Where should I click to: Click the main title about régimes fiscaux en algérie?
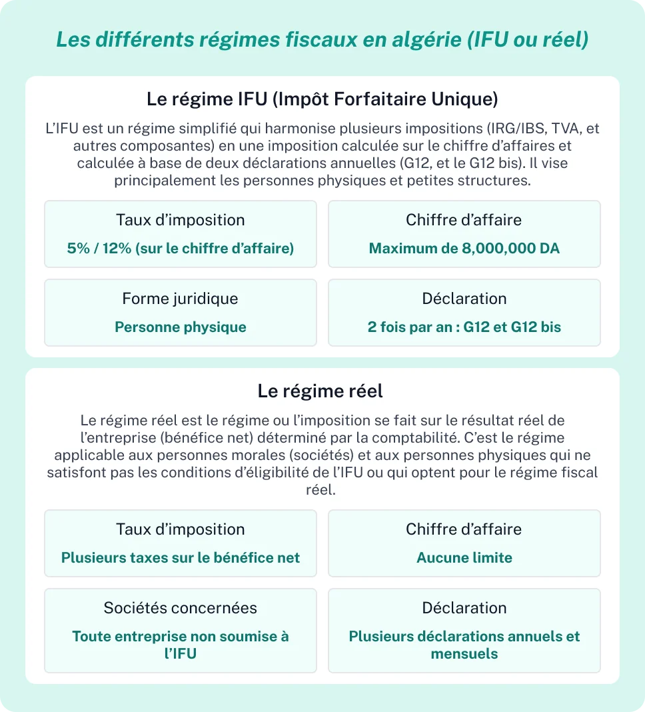tap(322, 39)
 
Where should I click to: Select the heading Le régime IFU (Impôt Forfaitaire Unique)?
tap(322, 100)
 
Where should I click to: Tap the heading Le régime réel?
tap(321, 391)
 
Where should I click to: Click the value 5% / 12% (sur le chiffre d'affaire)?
tap(181, 249)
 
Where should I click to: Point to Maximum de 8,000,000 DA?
tap(464, 249)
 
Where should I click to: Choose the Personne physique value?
tap(181, 327)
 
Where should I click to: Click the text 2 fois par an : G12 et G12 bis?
tap(464, 327)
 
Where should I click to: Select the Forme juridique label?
tap(180, 299)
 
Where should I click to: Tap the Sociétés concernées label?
tap(180, 608)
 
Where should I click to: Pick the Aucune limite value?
tap(464, 558)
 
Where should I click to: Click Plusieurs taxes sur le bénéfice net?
tap(181, 558)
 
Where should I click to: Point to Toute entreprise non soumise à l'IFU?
tap(181, 645)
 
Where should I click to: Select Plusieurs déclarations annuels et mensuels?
tap(464, 645)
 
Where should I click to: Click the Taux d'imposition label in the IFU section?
tap(180, 220)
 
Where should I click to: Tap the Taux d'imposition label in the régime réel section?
tap(180, 529)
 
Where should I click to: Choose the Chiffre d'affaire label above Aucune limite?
tap(464, 529)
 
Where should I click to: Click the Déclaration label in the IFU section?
tap(464, 299)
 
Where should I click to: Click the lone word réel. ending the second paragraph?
tap(322, 490)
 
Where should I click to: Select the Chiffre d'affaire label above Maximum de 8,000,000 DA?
tap(464, 220)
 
